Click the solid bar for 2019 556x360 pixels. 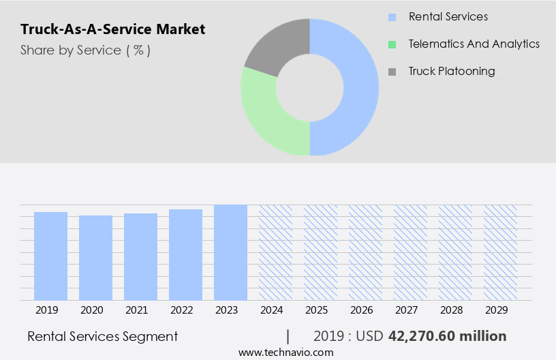[x=50, y=256]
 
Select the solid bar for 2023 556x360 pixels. [x=230, y=252]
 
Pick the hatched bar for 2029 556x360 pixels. [x=500, y=252]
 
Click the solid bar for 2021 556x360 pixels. [x=140, y=256]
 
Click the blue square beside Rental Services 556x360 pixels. [x=392, y=17]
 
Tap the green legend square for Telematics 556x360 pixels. [x=392, y=44]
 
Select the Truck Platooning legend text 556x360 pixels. [x=452, y=71]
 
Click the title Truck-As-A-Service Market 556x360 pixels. [x=112, y=29]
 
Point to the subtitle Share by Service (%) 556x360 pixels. [x=85, y=50]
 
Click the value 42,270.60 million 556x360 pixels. [x=447, y=336]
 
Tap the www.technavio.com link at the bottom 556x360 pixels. [x=285, y=352]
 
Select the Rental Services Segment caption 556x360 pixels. [x=102, y=336]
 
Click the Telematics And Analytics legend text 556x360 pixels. [x=474, y=44]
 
